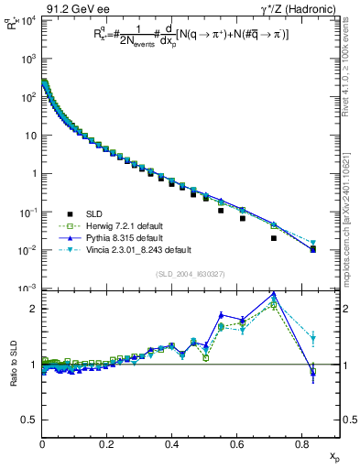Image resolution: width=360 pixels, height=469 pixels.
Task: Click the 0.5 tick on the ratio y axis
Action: (31, 420)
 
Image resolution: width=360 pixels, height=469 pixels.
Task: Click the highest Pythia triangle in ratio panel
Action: (274, 294)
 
